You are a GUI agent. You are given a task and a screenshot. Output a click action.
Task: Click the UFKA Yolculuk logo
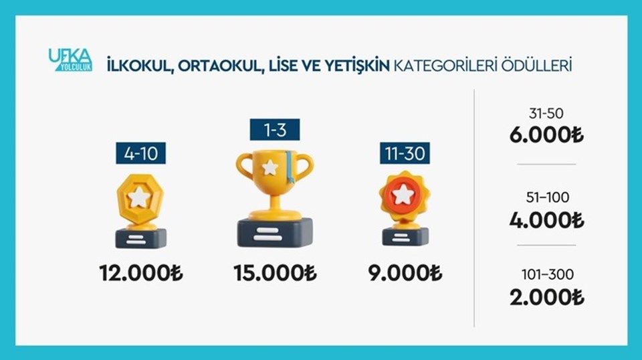[70, 60]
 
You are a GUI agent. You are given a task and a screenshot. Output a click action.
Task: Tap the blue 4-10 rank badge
[141, 153]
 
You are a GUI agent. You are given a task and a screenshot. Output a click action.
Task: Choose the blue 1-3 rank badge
[275, 129]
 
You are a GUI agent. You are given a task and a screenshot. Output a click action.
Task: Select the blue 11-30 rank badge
[405, 153]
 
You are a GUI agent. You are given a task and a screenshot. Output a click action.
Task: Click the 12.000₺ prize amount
[141, 273]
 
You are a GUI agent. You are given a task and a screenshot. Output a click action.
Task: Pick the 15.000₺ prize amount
[275, 273]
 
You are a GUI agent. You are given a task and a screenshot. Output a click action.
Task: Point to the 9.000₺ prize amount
[405, 273]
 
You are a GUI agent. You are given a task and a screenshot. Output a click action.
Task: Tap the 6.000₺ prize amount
[546, 134]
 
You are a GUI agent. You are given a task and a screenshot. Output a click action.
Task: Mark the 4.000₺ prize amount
[546, 220]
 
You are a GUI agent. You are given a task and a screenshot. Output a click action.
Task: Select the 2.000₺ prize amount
[546, 297]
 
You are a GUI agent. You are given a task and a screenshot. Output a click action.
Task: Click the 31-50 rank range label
[546, 114]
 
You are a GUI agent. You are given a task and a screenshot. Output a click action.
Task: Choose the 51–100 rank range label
[548, 197]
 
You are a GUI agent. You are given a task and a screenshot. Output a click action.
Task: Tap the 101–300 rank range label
[548, 274]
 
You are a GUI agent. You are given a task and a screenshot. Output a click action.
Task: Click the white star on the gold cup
[270, 167]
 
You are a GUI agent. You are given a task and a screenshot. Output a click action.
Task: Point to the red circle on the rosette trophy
[404, 195]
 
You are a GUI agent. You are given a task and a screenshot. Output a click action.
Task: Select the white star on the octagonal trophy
[139, 197]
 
